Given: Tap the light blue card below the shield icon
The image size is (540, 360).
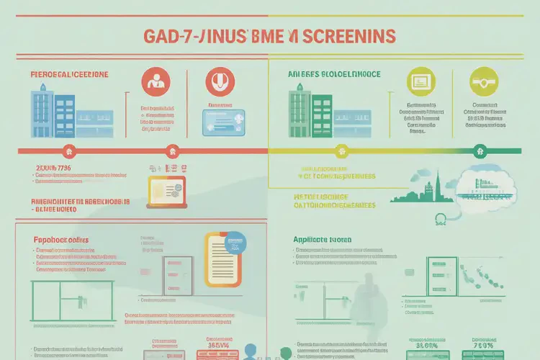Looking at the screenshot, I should pos(222,122).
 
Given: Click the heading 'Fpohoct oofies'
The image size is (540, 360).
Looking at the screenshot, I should pos(60,238).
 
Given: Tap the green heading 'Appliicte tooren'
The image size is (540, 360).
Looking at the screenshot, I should pos(323,239).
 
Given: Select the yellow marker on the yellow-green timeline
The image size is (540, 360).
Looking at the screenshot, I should pos(342,152).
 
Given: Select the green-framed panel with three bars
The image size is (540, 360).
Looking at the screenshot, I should pos(435,273).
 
